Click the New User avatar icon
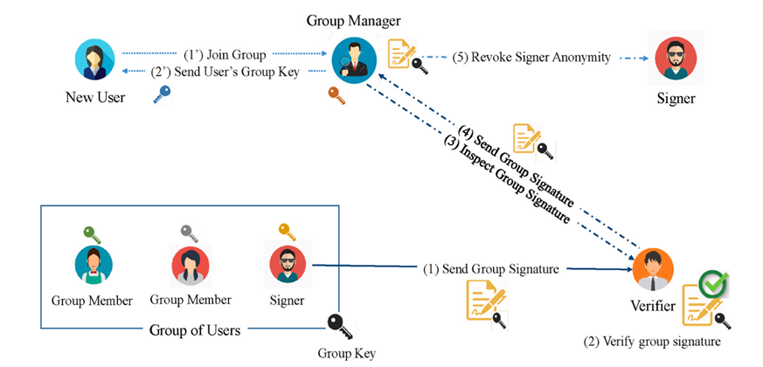click(95, 60)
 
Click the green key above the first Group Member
click(92, 233)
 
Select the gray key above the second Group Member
click(190, 233)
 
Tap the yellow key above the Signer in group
click(287, 232)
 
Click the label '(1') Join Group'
click(225, 53)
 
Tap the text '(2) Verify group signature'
click(651, 342)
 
